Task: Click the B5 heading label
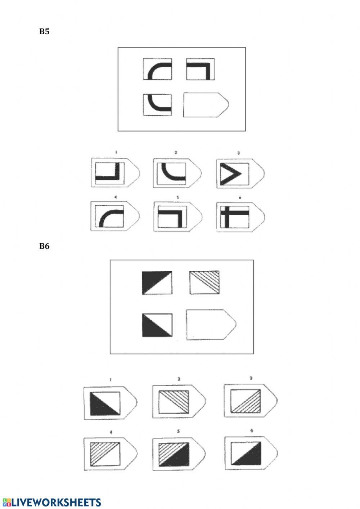tap(44, 32)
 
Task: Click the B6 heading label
tap(44, 246)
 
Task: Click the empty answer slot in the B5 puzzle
tap(204, 105)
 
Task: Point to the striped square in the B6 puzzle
tap(204, 282)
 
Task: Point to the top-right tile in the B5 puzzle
tap(200, 69)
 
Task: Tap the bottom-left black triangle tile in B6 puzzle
tap(157, 325)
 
